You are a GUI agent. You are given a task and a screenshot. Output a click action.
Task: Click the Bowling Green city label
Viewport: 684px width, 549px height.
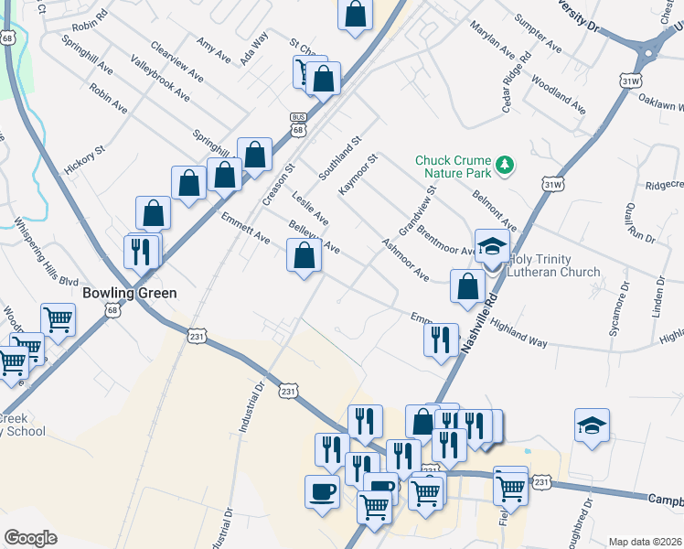pyautogui.click(x=128, y=294)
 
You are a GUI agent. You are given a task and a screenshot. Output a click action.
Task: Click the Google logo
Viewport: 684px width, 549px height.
pyautogui.click(x=30, y=538)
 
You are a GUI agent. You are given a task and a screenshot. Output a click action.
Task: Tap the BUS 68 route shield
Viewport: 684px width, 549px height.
pyautogui.click(x=298, y=124)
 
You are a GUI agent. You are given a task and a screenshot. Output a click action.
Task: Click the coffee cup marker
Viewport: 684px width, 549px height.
pyautogui.click(x=322, y=492)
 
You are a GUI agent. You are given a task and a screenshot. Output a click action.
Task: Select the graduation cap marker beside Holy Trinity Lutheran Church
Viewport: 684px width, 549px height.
pyautogui.click(x=492, y=246)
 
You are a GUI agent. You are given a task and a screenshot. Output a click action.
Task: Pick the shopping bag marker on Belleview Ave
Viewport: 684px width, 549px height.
pyautogui.click(x=304, y=256)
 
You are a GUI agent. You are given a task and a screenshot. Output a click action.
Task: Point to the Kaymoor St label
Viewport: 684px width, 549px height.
pyautogui.click(x=358, y=174)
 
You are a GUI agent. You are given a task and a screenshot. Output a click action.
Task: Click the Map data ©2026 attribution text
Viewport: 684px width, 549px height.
pyautogui.click(x=645, y=542)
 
